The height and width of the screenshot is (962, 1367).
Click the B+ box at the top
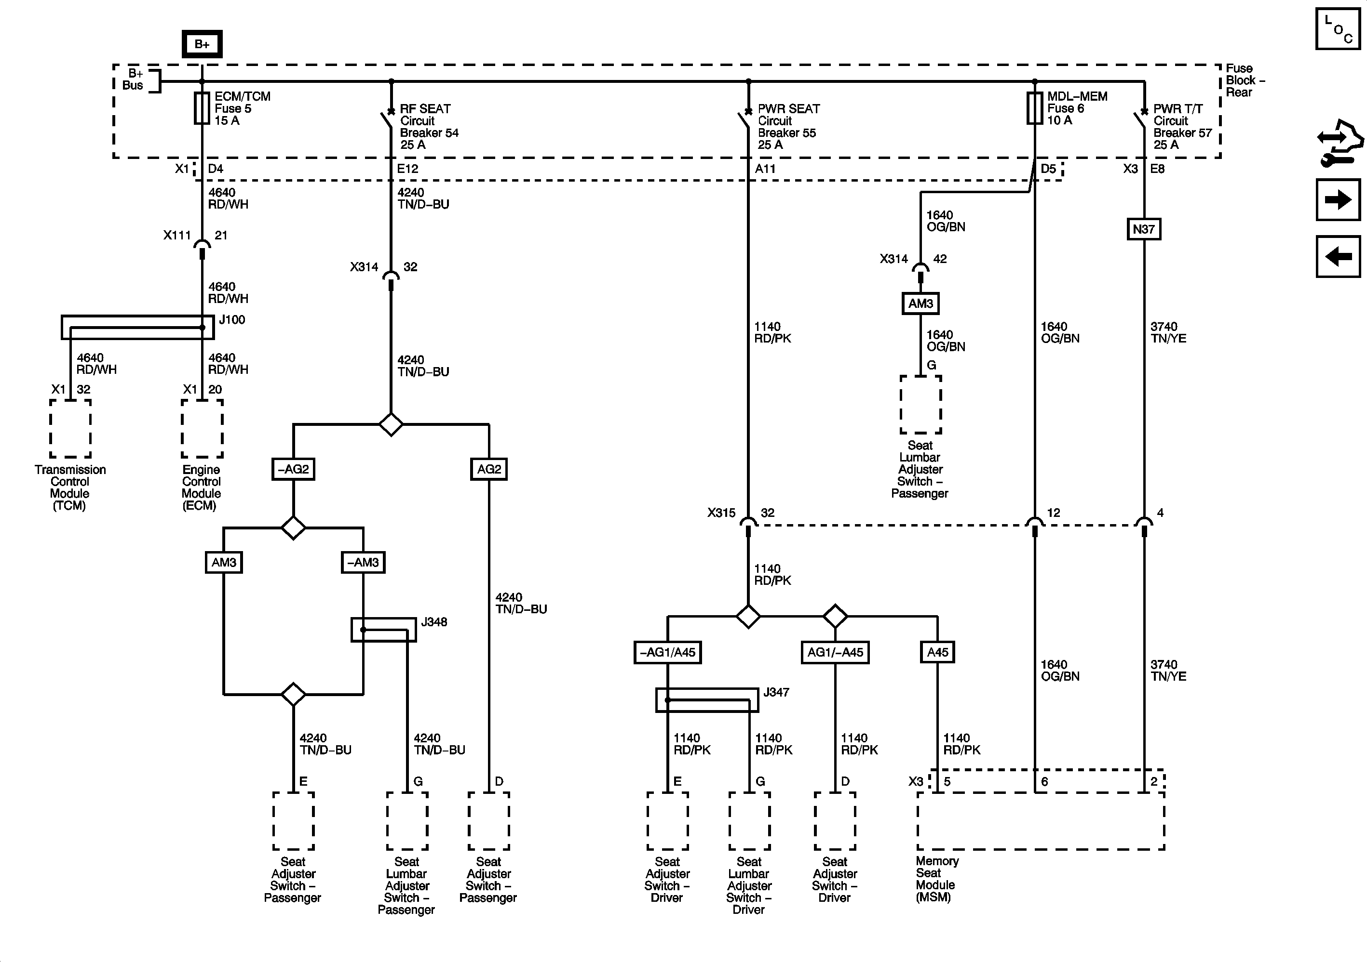point(202,43)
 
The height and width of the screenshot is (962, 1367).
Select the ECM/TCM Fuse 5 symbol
point(202,108)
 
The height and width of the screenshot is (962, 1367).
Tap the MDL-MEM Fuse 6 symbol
point(1034,108)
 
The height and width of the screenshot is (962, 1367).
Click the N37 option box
point(1144,229)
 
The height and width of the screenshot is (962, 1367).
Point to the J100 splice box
point(137,327)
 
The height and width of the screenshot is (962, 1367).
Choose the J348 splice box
point(383,630)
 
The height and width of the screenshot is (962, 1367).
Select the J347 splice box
point(707,699)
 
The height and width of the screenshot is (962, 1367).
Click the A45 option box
point(937,652)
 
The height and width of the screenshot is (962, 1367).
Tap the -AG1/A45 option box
point(667,652)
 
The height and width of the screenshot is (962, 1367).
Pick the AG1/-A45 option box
point(835,652)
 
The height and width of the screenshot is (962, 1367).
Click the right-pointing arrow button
point(1338,199)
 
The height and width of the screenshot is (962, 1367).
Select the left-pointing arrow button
point(1338,256)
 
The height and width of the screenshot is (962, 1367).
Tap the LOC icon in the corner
point(1338,28)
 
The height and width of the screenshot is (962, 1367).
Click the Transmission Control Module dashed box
point(70,428)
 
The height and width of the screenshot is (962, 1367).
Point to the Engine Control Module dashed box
point(202,428)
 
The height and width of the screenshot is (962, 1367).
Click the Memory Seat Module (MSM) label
point(936,879)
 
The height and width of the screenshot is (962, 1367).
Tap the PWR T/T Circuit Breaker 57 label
point(1182,127)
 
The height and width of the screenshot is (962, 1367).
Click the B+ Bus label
point(134,79)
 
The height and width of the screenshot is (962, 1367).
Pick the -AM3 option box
point(363,562)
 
